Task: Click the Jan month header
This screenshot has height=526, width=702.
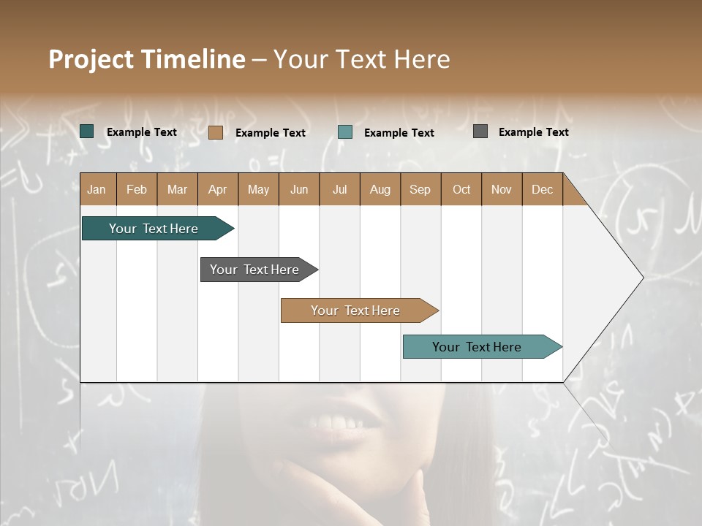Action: coord(97,189)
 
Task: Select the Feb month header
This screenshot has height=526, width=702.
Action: coord(137,189)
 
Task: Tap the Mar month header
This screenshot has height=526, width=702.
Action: coord(177,189)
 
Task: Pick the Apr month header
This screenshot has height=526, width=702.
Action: coord(218,189)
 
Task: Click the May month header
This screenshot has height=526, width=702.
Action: coord(258,189)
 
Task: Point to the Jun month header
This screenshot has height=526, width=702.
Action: coord(299,189)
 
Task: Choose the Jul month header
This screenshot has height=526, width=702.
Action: coord(339,189)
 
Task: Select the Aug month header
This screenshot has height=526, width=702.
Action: coord(380,189)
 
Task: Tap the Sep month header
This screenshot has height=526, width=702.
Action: coord(420,189)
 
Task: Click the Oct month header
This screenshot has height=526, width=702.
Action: coord(461,189)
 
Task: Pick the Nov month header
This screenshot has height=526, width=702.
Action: coord(502,189)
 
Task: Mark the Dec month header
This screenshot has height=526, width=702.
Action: coord(543,189)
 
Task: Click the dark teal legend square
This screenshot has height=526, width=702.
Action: coord(87,131)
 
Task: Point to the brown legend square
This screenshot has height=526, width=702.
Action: coord(216,132)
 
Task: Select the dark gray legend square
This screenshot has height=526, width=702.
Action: coord(480,131)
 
